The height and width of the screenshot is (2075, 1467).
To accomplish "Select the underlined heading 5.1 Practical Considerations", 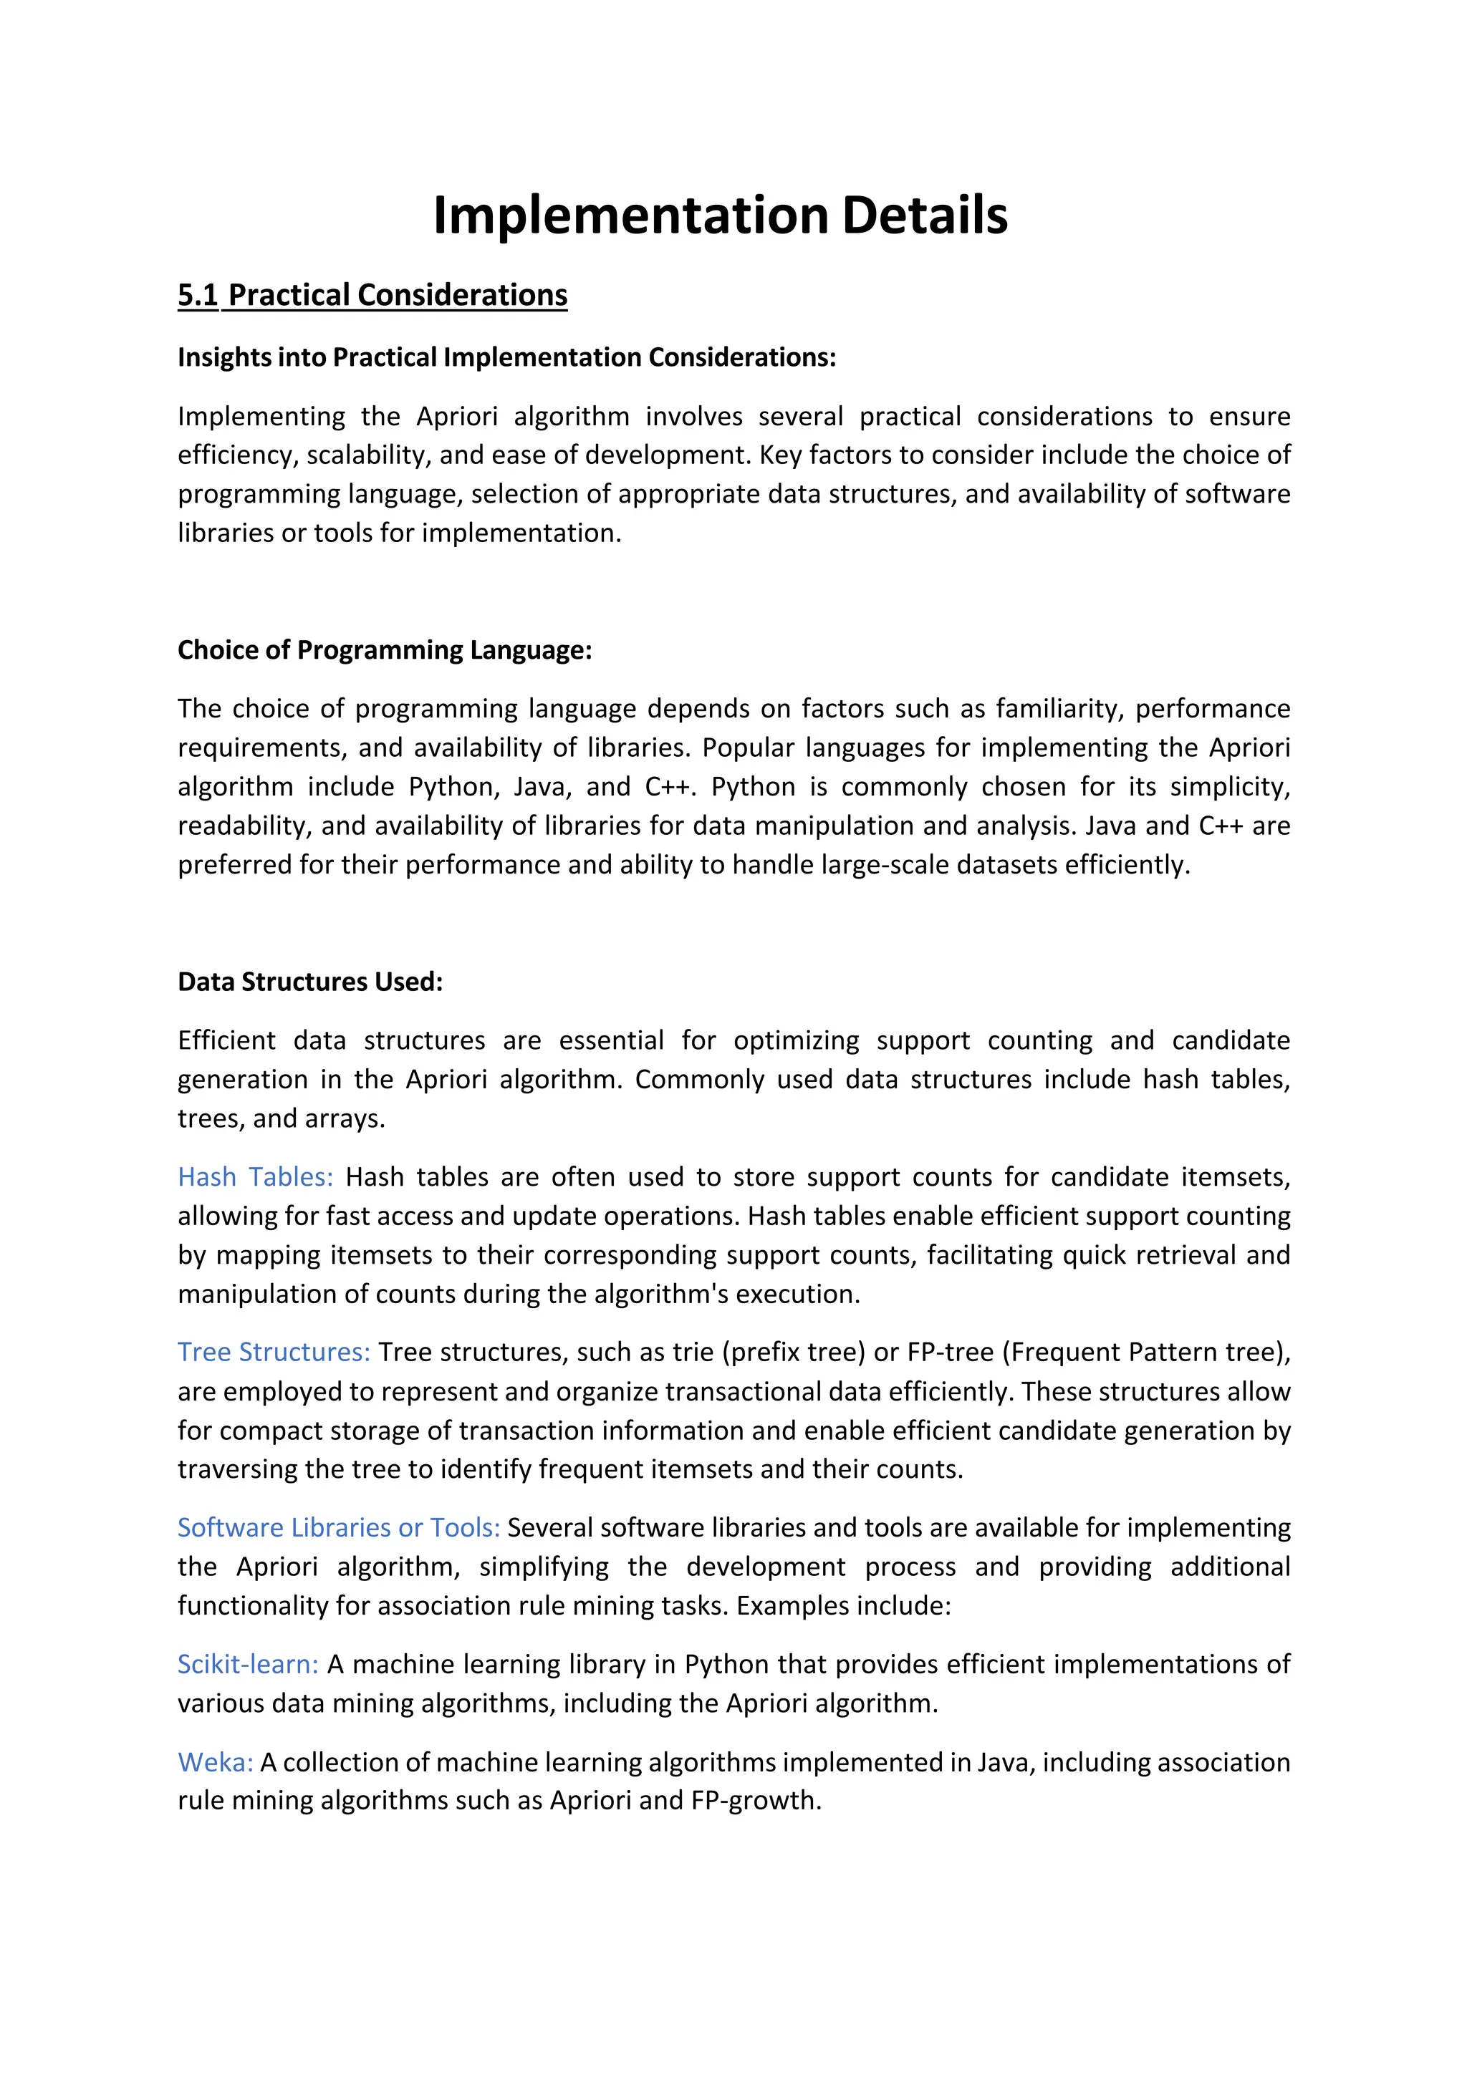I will pos(372,296).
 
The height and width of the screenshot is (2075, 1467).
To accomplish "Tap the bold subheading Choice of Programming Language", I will pos(384,650).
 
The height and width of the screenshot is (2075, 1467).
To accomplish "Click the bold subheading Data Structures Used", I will pos(310,982).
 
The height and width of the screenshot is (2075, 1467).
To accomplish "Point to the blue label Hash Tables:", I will pos(255,1176).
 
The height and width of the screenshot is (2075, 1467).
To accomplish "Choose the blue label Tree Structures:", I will pos(274,1352).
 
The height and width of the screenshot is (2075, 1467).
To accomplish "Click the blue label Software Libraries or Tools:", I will pos(338,1527).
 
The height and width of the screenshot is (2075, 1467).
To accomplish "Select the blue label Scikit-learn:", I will pos(248,1664).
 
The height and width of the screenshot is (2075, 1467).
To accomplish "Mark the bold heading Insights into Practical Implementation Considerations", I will pos(506,358).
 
